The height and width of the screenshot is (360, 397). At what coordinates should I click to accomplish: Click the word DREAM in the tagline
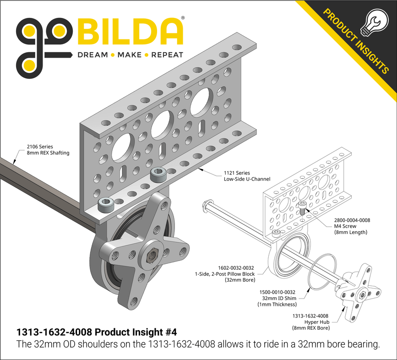pos(92,55)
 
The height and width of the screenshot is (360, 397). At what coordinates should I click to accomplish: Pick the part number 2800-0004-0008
pos(352,220)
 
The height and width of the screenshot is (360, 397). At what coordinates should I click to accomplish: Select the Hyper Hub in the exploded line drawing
pos(361,294)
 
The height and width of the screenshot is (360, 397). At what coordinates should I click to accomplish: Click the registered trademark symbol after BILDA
pos(183,18)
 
